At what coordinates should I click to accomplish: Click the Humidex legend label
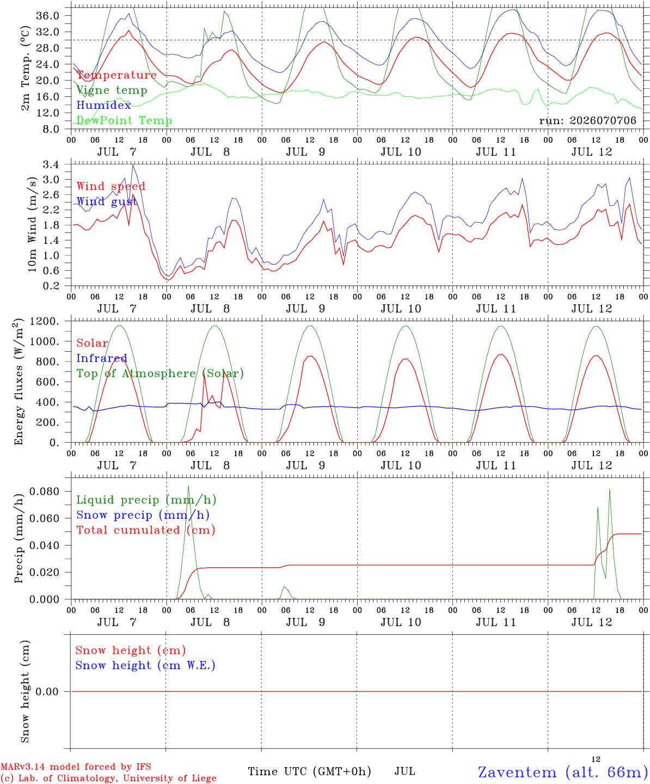(x=103, y=105)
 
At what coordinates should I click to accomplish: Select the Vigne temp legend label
(x=112, y=90)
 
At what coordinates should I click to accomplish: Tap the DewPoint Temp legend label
(x=124, y=120)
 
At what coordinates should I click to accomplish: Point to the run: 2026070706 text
(x=587, y=120)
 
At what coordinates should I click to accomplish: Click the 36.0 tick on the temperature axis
(x=48, y=16)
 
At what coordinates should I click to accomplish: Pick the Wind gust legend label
(x=107, y=201)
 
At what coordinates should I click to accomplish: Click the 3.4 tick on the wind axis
(x=51, y=164)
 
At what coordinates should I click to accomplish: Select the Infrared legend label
(x=102, y=358)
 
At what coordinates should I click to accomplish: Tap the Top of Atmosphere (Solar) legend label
(x=161, y=373)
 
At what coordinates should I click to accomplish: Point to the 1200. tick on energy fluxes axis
(x=45, y=321)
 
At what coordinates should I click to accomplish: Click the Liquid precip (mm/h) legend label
(x=146, y=500)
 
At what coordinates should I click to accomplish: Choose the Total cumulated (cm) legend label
(x=146, y=530)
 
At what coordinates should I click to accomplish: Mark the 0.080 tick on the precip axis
(x=44, y=492)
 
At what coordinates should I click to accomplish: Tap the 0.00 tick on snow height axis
(x=47, y=691)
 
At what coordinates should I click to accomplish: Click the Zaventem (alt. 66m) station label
(x=560, y=772)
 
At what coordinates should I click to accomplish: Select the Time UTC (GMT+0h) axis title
(x=309, y=771)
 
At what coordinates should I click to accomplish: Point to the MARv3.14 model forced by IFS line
(x=76, y=767)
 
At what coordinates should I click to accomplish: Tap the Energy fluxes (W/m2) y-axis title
(x=19, y=382)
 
